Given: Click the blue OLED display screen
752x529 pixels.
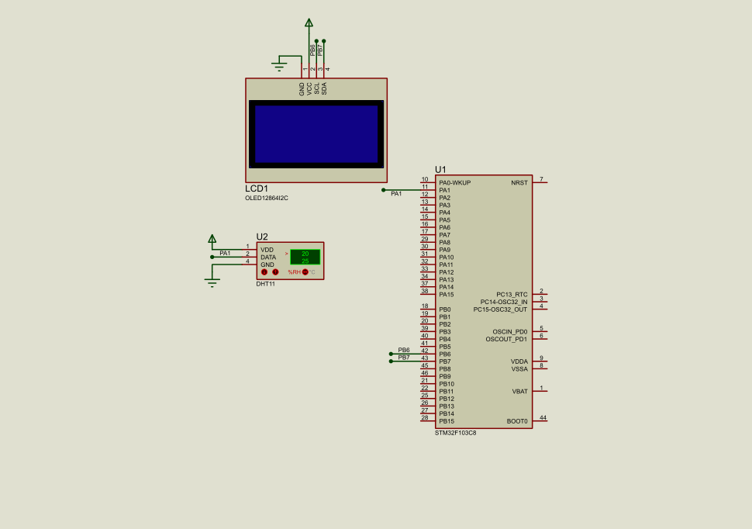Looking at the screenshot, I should pos(316,134).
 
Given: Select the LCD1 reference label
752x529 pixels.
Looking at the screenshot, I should pos(257,188).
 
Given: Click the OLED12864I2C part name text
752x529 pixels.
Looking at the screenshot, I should pos(266,198).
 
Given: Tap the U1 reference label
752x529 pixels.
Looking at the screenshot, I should pos(440,169).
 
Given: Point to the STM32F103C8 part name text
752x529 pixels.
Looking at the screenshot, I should pos(455,433).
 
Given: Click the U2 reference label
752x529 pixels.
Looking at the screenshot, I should pos(262,237).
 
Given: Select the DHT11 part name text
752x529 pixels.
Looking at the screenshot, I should pos(265,284).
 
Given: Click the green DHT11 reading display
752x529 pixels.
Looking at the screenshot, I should pos(305,257).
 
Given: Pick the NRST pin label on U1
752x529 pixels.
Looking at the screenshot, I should pos(519,183).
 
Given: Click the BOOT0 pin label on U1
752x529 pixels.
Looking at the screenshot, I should pos(517,421).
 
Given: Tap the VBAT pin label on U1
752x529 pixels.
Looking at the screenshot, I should pos(519,392).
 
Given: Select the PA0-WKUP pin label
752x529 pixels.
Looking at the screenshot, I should pos(455,183).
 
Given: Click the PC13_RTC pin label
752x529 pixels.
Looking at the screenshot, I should pos(512,295).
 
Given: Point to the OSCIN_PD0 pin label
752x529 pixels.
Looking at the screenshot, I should pos(509,332).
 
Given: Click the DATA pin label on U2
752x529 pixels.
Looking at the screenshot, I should pos(267,258).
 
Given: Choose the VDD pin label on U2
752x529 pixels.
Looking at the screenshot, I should pos(267,250).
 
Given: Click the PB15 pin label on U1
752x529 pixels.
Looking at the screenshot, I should pos(446,421).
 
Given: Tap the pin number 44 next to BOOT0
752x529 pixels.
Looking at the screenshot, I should pos(543,418).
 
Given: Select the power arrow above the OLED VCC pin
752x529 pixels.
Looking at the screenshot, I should pos(309,23).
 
